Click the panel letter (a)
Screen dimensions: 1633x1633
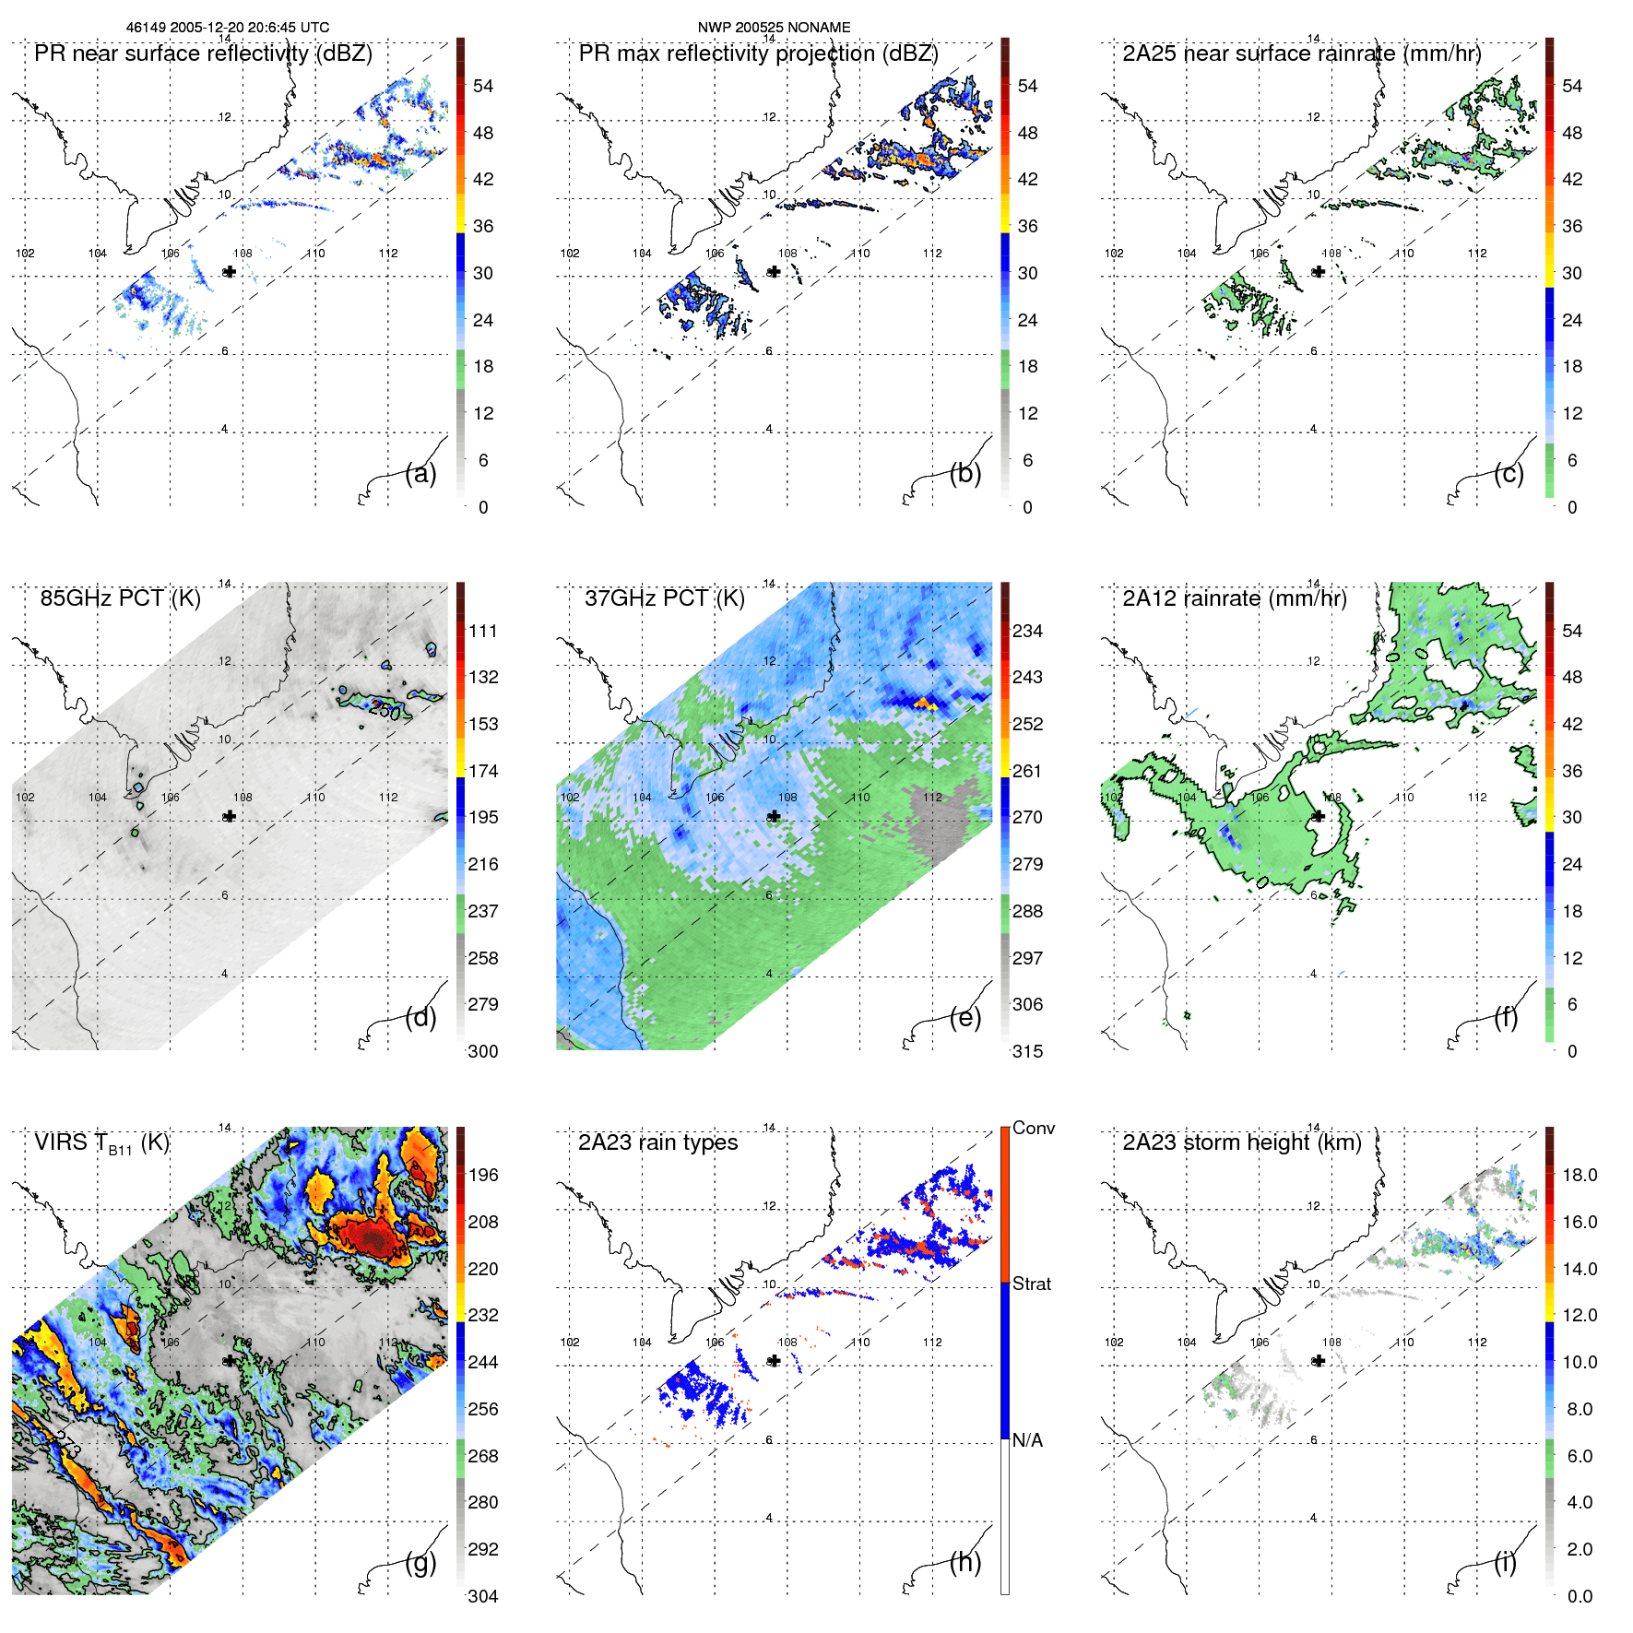coord(420,474)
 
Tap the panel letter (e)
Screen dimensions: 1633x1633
coord(964,1018)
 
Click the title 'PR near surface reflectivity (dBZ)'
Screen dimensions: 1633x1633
coord(203,53)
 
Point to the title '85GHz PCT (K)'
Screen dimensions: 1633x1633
coord(120,598)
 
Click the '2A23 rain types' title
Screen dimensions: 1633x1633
coord(657,1142)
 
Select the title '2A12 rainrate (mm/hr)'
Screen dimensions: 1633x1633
coord(1235,598)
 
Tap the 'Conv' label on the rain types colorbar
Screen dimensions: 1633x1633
coord(1033,1128)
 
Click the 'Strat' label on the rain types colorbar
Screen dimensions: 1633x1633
coord(1031,1284)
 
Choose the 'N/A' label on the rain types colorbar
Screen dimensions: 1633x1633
coord(1027,1440)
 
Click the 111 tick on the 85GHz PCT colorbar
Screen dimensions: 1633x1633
coord(483,631)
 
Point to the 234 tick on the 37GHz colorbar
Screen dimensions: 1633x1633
coord(1027,631)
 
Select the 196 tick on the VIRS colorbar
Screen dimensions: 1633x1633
coord(483,1175)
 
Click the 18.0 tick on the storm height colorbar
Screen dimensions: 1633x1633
coord(1579,1175)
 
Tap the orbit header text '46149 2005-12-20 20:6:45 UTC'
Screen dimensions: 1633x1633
coord(228,28)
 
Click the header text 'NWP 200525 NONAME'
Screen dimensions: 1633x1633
coord(774,28)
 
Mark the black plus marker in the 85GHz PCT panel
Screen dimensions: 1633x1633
coord(230,816)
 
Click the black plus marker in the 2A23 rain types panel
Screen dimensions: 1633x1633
coord(775,1361)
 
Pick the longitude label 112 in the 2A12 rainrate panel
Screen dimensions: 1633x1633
coord(1477,798)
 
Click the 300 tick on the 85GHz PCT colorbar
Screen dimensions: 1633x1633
coord(483,1051)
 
